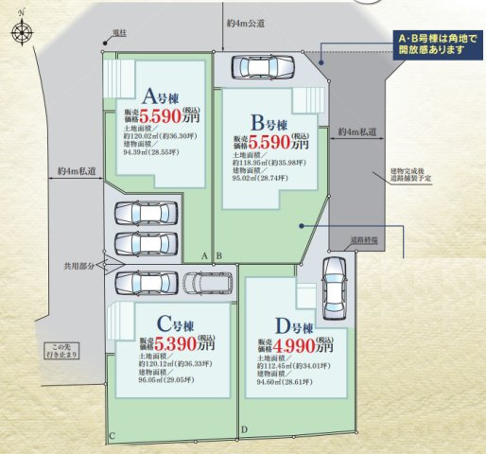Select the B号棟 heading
tap(269, 122)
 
